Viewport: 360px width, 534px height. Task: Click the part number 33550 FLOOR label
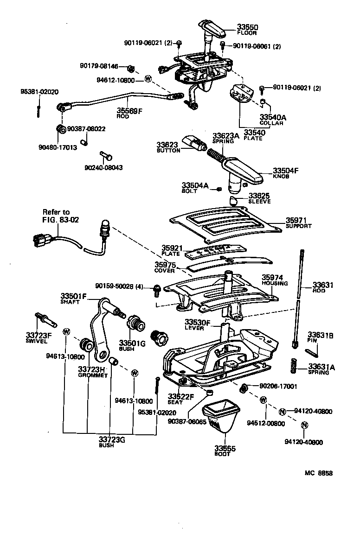coord(247,30)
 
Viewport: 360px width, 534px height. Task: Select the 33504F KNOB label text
coord(285,173)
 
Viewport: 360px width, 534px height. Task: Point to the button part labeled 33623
coord(194,143)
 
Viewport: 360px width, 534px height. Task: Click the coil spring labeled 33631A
coord(294,367)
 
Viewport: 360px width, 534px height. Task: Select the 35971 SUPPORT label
coord(298,223)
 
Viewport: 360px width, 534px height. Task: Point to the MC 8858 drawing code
coord(318,473)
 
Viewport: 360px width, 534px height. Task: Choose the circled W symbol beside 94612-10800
coord(148,79)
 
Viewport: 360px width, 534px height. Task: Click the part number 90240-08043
coord(103,167)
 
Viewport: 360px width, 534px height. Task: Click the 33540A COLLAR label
coord(273,120)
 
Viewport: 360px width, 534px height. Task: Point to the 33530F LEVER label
coord(197,324)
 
